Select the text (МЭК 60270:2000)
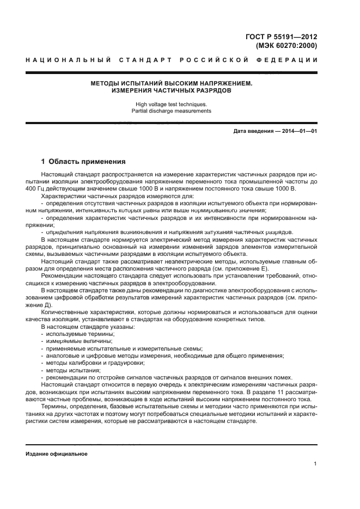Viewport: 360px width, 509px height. coord(286,46)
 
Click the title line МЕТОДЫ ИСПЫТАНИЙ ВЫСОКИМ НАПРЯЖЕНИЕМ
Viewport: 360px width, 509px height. coord(172,83)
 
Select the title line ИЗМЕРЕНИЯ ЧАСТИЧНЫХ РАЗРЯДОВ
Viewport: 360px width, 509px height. coord(172,91)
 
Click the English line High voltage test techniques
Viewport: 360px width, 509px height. coord(172,103)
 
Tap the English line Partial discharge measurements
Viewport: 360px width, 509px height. coord(172,111)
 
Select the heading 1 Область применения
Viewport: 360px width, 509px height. coord(83,162)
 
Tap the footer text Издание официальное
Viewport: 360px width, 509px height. coord(57,453)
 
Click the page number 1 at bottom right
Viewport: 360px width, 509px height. coord(315,464)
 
